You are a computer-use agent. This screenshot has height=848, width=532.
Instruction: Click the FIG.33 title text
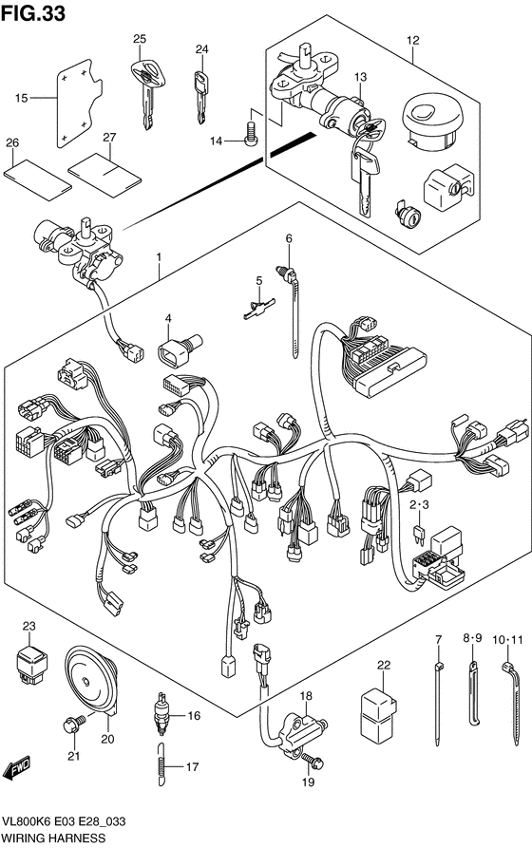33,13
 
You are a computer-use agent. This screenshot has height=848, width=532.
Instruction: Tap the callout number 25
140,39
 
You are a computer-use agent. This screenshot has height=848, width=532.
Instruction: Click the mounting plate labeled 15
79,103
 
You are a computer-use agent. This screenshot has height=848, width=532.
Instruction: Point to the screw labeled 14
251,133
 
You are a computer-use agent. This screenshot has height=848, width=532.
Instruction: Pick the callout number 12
413,40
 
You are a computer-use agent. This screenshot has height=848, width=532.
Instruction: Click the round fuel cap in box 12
433,122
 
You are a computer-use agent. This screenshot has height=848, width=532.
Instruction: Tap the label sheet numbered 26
37,179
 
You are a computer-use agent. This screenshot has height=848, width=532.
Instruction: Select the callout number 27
109,138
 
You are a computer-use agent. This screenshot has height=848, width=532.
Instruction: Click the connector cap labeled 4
179,348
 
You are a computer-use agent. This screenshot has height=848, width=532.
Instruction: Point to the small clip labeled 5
258,309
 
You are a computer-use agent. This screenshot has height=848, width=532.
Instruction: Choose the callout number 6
289,238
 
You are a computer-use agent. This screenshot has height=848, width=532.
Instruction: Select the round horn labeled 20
91,681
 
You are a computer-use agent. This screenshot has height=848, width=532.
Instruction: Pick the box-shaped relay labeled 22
378,711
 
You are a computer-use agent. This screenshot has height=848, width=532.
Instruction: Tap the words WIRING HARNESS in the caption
54,839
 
